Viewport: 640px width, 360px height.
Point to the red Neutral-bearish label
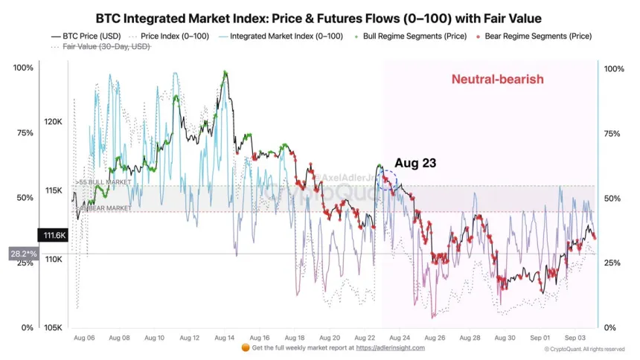(497, 79)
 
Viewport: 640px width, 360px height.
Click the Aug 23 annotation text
(415, 162)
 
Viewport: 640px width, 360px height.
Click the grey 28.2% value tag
(22, 254)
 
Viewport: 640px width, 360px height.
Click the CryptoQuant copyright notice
(584, 348)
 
